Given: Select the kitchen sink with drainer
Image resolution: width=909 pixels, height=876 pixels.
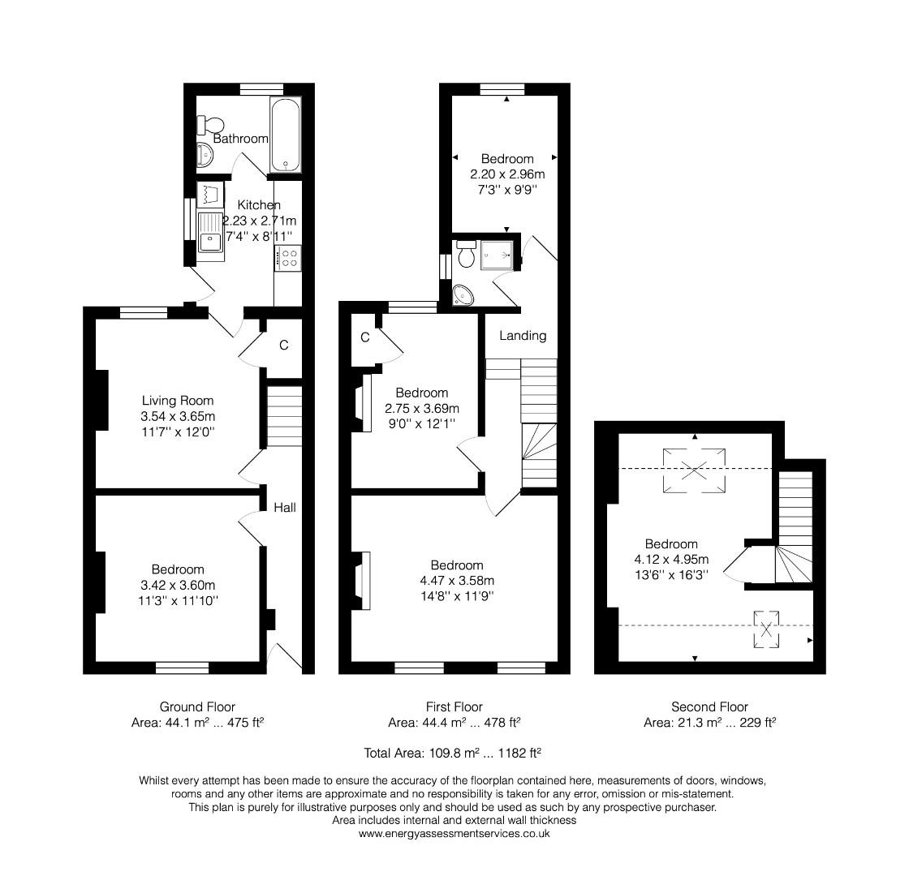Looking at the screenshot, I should tap(210, 230).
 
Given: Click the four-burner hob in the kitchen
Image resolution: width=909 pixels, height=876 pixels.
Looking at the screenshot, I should tap(287, 258).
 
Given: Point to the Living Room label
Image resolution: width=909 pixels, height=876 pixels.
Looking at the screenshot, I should tap(178, 400).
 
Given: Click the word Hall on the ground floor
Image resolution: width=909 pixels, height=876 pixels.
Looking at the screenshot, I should tap(284, 508).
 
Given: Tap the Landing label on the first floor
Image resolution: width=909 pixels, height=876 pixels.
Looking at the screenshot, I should tap(522, 335).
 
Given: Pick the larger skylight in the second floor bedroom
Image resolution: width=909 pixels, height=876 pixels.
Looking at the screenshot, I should tap(694, 469).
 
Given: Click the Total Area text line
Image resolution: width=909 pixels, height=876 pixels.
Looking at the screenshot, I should tap(453, 753).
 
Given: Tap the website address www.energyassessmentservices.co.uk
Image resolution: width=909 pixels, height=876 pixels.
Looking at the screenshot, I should tap(454, 833).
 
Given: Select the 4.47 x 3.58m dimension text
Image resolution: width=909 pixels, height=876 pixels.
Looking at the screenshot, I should tap(456, 580).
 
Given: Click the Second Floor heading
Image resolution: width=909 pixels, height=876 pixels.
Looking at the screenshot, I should tap(709, 706).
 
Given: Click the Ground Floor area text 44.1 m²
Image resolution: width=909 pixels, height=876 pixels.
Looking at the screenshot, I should tap(197, 722).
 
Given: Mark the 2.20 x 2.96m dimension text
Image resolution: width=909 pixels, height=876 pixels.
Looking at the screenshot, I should tap(506, 174).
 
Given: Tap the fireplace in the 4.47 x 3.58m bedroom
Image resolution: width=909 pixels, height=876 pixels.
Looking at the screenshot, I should tap(362, 580).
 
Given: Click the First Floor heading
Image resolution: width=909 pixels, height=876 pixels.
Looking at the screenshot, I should tap(454, 706).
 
